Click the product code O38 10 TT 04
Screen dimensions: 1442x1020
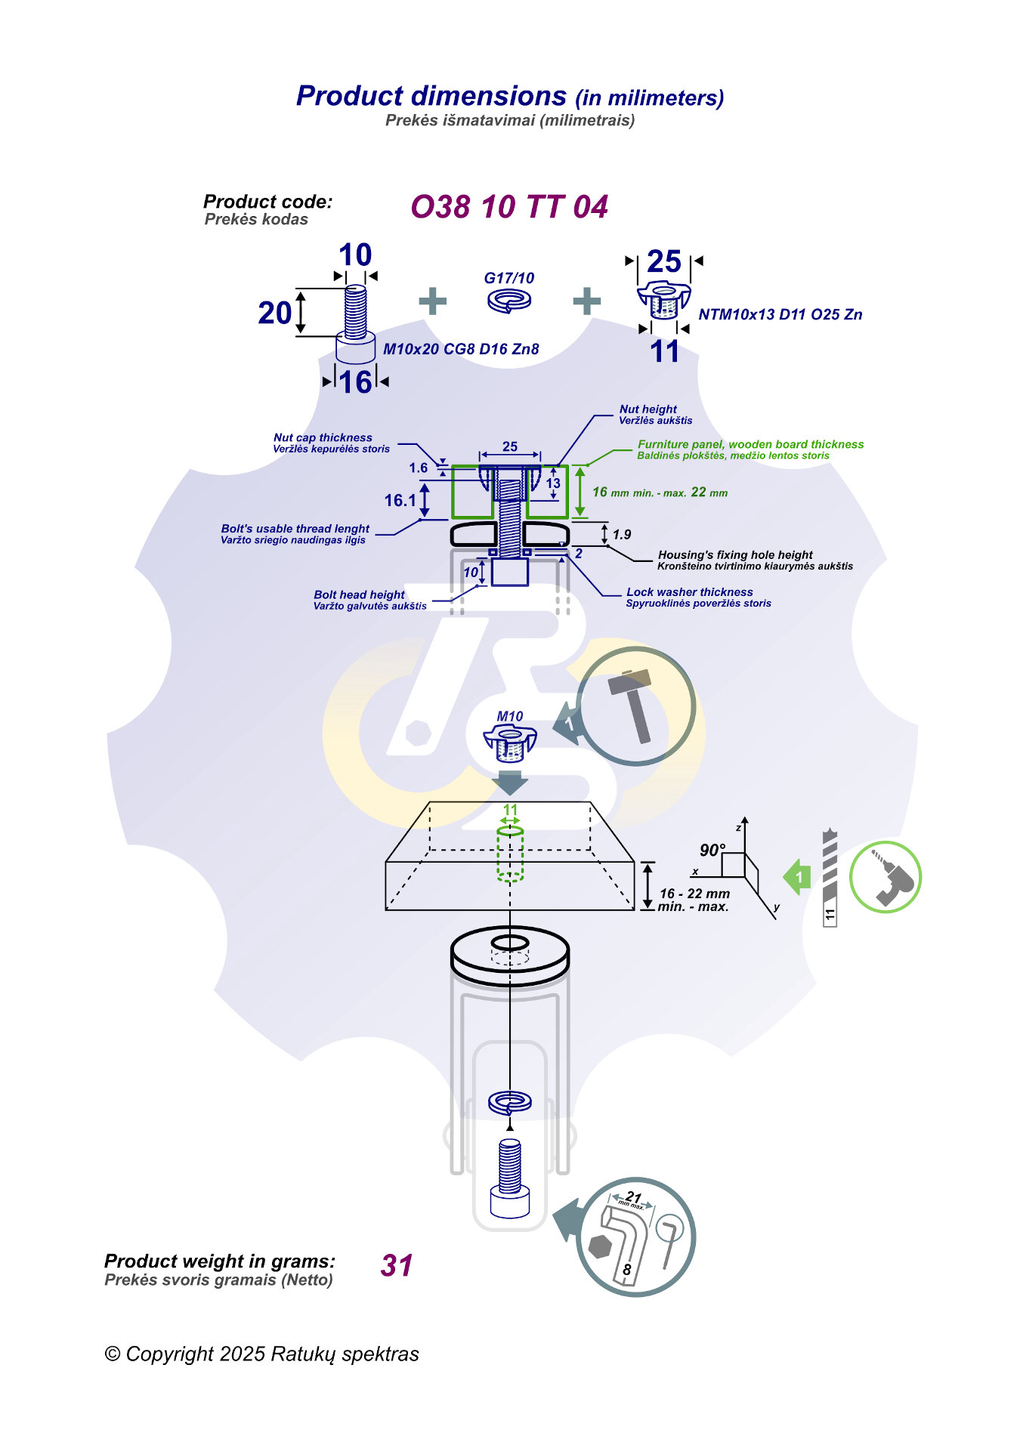[x=508, y=207]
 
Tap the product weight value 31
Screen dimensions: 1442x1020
[x=397, y=1265]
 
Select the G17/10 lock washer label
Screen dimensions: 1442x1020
[x=508, y=278]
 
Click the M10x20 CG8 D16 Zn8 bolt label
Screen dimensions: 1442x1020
[x=461, y=349]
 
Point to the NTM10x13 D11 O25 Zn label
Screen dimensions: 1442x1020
[x=780, y=314]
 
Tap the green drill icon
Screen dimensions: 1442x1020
[x=886, y=877]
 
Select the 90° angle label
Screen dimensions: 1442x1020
[x=712, y=850]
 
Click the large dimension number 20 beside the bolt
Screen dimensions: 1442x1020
[x=275, y=313]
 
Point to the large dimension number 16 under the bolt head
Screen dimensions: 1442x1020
[x=355, y=382]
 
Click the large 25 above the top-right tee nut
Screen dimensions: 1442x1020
[x=664, y=262]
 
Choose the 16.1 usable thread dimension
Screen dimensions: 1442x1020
[x=400, y=500]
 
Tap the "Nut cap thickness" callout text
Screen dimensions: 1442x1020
[x=323, y=437]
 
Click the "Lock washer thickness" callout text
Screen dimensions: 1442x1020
[x=689, y=592]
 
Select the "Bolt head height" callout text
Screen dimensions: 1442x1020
[x=359, y=594]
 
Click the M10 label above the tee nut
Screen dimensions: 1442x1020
[x=510, y=716]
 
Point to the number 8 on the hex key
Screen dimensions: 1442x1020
[x=626, y=1270]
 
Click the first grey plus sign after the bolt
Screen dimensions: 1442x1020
[x=432, y=301]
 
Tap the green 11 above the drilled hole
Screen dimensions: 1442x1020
[x=511, y=810]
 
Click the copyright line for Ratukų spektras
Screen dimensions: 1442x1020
[x=261, y=1354]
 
